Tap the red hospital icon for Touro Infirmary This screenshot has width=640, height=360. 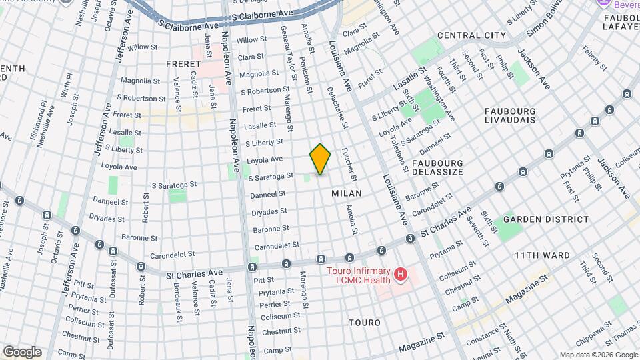point(400,274)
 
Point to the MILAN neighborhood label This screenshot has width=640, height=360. point(347,193)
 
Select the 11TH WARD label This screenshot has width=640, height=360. point(542,255)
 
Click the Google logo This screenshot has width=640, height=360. point(22,351)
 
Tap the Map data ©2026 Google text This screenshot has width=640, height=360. point(598,355)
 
